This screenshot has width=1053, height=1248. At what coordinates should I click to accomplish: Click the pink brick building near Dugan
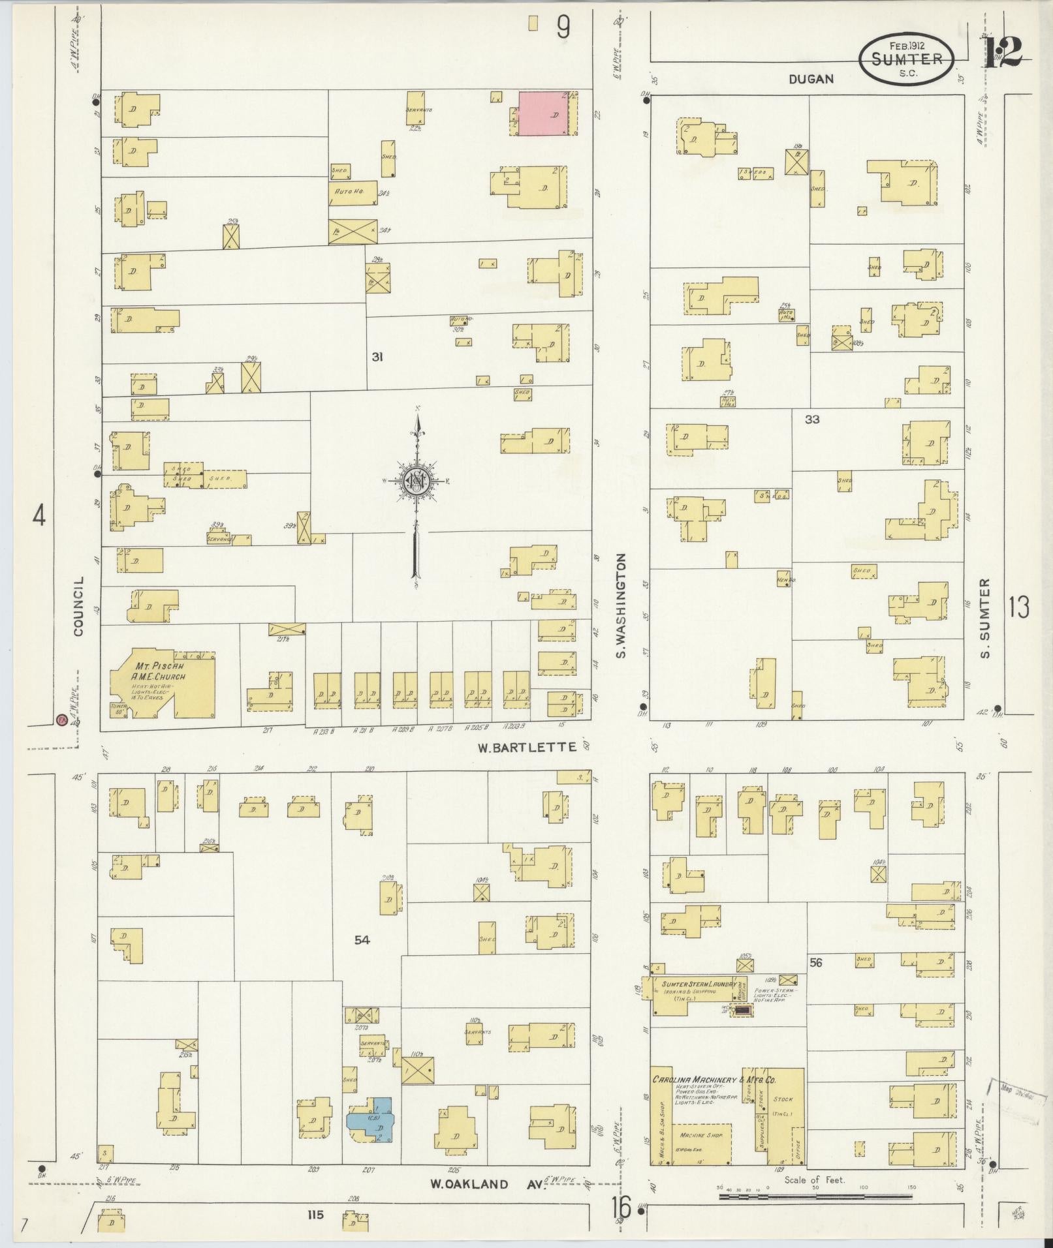(542, 114)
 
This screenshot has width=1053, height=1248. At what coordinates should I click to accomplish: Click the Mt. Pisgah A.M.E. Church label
(160, 672)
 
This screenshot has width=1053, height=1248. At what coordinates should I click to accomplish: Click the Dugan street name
(811, 79)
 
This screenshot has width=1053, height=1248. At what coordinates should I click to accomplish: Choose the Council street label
(80, 606)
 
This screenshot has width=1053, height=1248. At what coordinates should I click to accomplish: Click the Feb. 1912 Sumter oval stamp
(907, 58)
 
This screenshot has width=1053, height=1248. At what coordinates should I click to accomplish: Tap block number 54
(362, 940)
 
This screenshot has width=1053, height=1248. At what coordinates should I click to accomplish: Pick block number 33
(811, 419)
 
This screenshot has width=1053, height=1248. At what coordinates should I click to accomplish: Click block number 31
(377, 357)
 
